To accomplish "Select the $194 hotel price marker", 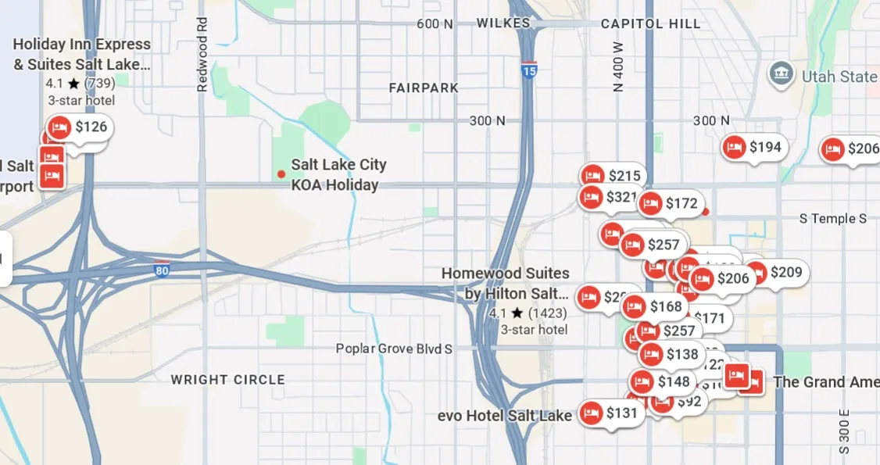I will click(753, 147).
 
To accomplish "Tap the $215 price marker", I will click(613, 176).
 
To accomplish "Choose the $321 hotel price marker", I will click(610, 197).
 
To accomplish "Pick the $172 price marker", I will click(670, 204).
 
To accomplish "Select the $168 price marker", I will click(654, 306).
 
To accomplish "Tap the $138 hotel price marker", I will click(671, 355).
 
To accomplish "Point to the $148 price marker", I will click(662, 381).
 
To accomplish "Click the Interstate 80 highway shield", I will click(162, 270).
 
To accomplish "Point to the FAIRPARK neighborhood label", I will click(424, 88).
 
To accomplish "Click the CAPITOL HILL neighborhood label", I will click(650, 23).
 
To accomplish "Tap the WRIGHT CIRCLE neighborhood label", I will click(228, 380).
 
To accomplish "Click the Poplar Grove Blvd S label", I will click(394, 349).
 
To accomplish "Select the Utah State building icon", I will click(781, 75).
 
